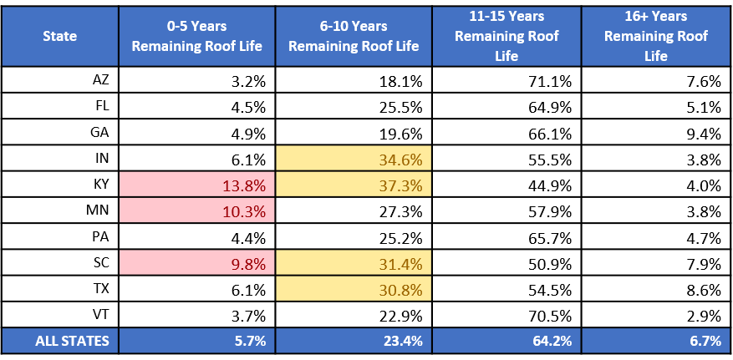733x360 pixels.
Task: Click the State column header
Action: [x=60, y=36]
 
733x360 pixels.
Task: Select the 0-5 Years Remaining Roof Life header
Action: [x=196, y=36]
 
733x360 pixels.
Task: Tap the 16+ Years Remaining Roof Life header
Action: [x=656, y=36]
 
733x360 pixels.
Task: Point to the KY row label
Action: [x=101, y=185]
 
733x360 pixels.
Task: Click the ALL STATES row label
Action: [x=72, y=341]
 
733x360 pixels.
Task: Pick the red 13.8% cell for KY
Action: [x=196, y=185]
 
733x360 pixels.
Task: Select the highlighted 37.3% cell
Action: [x=354, y=185]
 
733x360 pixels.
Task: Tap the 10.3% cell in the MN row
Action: [x=196, y=210]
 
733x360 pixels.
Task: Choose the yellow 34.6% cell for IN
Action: [x=354, y=159]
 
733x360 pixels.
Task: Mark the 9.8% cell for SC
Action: [x=196, y=262]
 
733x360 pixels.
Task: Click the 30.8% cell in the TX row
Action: [x=354, y=288]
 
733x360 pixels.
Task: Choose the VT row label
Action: [x=101, y=315]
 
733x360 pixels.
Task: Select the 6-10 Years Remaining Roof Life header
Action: [x=354, y=36]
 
